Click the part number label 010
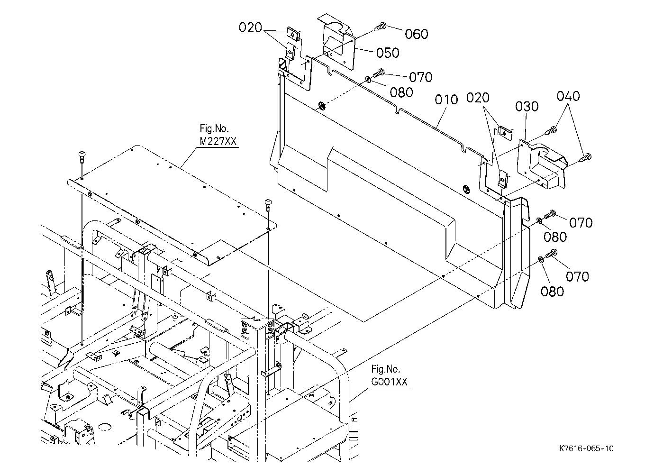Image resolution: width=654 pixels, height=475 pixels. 446,100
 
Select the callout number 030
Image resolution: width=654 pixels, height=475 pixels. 527,107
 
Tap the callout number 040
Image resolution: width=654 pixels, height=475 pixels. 568,96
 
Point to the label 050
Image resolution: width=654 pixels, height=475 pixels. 388,53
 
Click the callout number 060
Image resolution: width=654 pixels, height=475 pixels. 417,34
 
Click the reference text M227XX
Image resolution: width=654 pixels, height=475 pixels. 218,141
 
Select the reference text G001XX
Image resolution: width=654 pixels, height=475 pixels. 389,382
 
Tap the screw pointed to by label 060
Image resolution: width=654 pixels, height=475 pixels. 381,27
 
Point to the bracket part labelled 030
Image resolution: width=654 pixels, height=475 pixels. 542,165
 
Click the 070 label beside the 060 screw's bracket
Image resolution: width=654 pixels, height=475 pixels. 421,77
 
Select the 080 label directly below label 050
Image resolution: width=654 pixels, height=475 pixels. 401,92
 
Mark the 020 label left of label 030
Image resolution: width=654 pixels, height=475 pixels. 478,98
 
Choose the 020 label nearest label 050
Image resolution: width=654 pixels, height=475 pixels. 250,28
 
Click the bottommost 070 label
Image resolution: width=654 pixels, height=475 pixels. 578,277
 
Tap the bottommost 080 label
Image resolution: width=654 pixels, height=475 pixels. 552,292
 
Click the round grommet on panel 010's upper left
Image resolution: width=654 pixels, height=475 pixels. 322,106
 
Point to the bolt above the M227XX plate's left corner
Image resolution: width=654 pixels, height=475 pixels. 82,156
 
